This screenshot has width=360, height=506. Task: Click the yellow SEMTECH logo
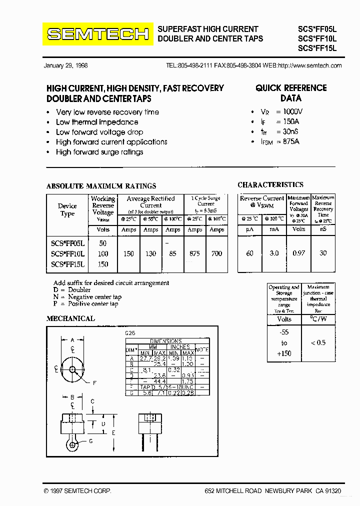[98, 34]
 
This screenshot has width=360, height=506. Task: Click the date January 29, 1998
[65, 65]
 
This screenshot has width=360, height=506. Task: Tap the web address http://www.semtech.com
[309, 65]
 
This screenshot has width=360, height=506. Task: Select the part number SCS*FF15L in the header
[317, 48]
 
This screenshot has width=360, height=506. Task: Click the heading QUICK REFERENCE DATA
[291, 93]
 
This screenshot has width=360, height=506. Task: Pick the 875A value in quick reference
[290, 141]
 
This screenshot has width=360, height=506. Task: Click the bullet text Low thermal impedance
[97, 122]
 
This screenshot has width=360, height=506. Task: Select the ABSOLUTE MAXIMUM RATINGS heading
[101, 186]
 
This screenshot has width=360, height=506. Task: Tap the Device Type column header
[67, 209]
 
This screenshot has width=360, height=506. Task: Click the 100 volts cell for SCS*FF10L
[103, 253]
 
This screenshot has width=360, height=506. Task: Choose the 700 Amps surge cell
[216, 253]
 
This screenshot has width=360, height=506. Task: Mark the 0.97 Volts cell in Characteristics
[298, 253]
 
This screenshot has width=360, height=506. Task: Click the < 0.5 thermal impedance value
[318, 342]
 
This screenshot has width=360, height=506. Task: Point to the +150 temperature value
[284, 353]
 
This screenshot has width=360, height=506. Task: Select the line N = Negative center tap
[87, 297]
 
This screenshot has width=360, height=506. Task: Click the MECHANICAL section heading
[70, 318]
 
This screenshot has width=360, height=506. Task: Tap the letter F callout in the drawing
[95, 383]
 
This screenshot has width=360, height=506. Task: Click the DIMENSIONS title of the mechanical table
[165, 341]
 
